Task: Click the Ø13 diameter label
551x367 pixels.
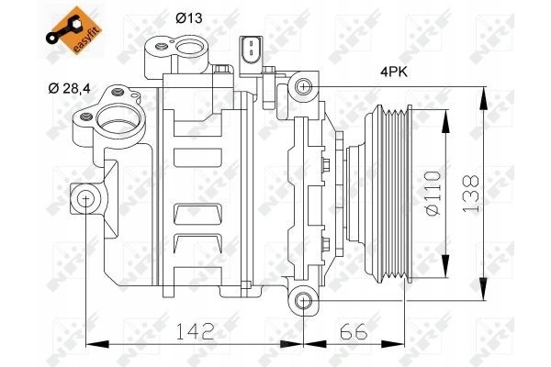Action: click(189, 18)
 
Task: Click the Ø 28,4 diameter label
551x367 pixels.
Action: click(69, 88)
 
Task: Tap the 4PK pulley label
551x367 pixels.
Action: click(394, 72)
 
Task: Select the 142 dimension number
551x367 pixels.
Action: click(195, 331)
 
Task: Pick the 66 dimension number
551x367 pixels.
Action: click(354, 331)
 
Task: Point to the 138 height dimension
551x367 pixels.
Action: click(471, 194)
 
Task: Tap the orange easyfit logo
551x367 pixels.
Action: click(73, 30)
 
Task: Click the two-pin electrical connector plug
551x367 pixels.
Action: click(252, 51)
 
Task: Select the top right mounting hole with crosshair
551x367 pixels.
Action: click(303, 86)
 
